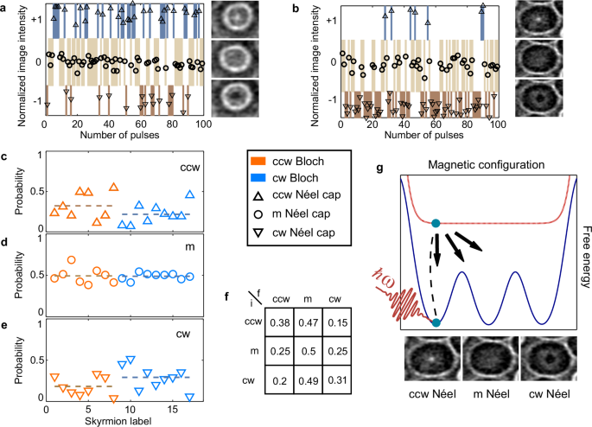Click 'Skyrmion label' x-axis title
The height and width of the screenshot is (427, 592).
[x=113, y=420]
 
